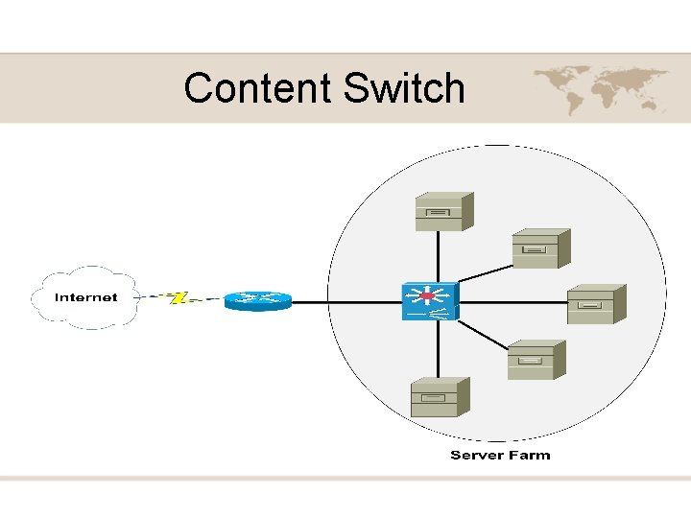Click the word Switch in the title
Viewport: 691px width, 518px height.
(403, 88)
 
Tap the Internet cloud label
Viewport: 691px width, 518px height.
(86, 297)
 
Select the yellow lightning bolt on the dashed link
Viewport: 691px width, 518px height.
(178, 297)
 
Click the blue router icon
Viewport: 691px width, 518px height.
(257, 301)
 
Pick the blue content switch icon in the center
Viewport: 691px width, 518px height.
(429, 301)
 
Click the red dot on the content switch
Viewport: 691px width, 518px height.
(427, 296)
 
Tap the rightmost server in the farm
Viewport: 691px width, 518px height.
(596, 304)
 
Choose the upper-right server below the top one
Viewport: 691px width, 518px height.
(540, 248)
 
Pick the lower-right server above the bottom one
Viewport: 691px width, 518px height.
(536, 360)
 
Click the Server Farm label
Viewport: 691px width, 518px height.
(500, 455)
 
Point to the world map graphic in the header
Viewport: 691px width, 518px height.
(600, 89)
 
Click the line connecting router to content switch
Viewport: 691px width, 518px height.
(345, 302)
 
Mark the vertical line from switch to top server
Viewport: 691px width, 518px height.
(439, 257)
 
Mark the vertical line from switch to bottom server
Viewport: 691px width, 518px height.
(439, 350)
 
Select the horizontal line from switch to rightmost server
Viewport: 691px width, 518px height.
(513, 303)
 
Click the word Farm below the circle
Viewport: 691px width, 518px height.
(530, 455)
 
